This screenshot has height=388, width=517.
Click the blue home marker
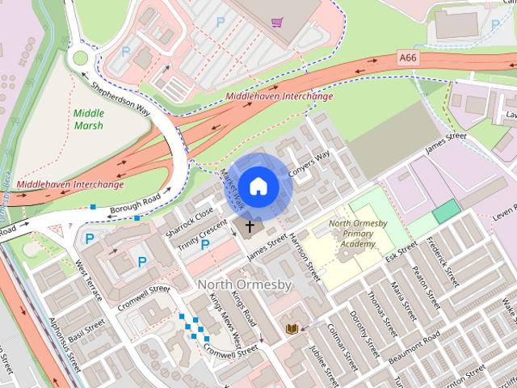[258, 186]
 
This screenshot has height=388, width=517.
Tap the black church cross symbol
[250, 227]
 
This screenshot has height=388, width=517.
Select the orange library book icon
[291, 328]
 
